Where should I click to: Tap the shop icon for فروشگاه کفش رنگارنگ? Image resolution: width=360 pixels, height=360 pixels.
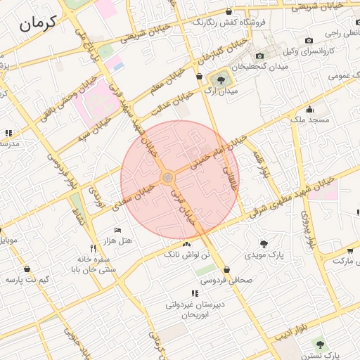(230, 11)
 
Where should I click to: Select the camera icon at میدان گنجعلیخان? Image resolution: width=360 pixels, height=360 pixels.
(259, 56)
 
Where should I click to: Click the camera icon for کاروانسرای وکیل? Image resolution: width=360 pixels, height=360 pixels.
(309, 41)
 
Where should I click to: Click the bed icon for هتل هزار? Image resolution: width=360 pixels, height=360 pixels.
(117, 230)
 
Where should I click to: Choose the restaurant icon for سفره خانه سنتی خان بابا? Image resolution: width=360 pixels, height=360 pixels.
(93, 248)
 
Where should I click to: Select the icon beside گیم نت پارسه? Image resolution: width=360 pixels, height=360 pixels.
(27, 269)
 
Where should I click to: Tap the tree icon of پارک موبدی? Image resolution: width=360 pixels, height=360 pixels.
(264, 244)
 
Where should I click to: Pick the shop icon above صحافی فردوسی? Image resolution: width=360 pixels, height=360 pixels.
(226, 269)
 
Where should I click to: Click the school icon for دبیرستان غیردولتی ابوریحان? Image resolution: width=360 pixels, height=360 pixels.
(194, 293)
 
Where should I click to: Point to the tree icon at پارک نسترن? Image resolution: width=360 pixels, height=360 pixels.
(321, 345)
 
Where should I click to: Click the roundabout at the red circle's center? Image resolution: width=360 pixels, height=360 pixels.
(167, 178)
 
